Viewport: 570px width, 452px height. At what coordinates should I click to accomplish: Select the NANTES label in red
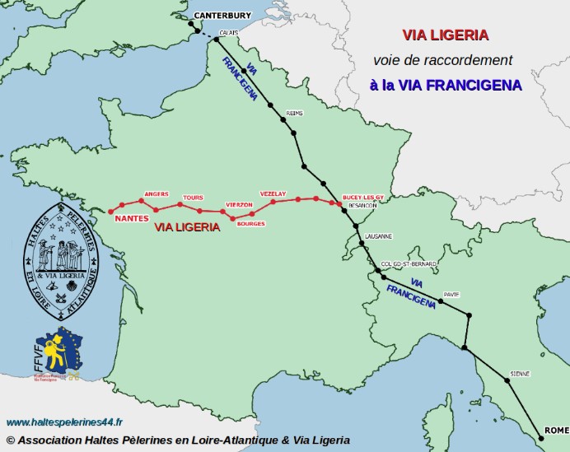(x=132, y=219)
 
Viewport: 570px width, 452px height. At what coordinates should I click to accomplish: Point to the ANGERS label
(x=157, y=194)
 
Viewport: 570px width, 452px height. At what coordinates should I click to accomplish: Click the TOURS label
(x=193, y=198)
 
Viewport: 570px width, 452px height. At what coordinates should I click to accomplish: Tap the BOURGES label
(x=250, y=224)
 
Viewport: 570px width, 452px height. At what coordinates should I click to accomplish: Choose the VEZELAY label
(x=273, y=193)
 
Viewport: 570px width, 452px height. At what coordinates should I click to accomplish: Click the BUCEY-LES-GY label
(x=363, y=198)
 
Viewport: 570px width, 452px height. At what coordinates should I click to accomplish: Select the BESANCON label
(x=363, y=206)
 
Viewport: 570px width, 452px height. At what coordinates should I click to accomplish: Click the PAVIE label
(x=451, y=293)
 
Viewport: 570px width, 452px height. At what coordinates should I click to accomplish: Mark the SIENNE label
(x=520, y=374)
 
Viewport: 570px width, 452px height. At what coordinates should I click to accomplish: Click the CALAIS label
(x=229, y=32)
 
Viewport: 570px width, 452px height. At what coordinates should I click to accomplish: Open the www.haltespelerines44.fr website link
(x=63, y=422)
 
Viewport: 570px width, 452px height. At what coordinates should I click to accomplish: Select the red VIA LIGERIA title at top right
(x=446, y=35)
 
